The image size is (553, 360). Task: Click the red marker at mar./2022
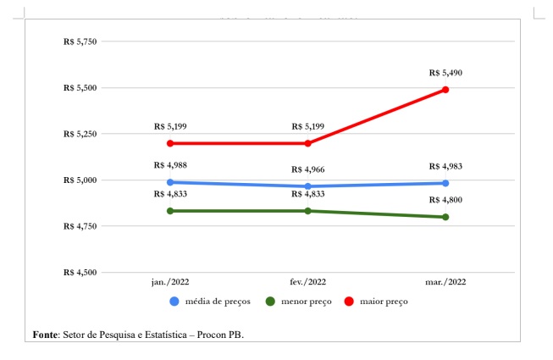tap(445, 90)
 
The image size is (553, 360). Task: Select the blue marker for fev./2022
tap(307, 186)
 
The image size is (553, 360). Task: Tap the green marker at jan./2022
tap(170, 211)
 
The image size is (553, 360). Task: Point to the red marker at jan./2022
tap(170, 143)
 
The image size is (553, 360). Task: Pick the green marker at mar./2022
tap(445, 217)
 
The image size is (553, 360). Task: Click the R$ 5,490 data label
tap(445, 73)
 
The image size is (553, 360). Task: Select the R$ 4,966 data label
tap(307, 169)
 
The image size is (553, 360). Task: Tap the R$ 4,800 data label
tap(445, 200)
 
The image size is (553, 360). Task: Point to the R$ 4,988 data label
tap(170, 165)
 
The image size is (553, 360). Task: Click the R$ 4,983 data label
tap(445, 166)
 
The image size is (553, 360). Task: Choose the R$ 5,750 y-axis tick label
tap(80, 42)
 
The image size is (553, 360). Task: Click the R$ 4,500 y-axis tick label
tap(80, 272)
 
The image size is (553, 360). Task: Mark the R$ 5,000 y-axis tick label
tap(80, 180)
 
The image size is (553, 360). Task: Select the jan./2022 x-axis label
tap(170, 282)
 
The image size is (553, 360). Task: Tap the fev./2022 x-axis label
tap(307, 282)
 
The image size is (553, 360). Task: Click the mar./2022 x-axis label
tap(445, 282)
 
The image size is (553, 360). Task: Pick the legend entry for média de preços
tap(208, 301)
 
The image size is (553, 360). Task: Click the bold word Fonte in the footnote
tap(45, 335)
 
